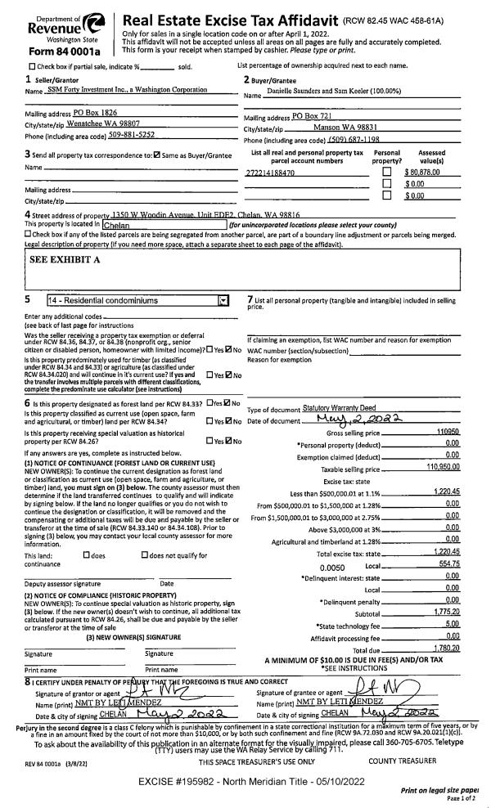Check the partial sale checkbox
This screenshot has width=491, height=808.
(x=32, y=66)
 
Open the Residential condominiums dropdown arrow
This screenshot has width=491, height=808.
(x=223, y=300)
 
